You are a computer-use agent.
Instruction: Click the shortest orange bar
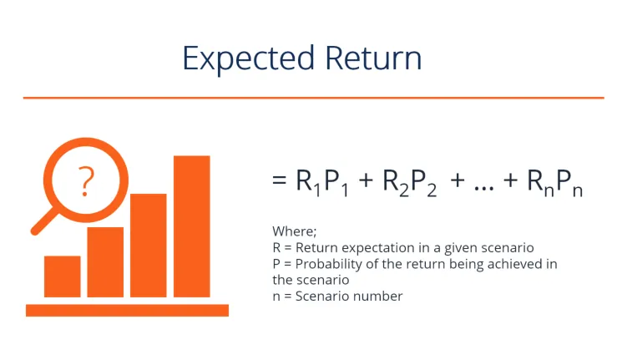[x=62, y=276]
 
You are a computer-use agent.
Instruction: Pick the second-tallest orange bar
[x=149, y=245]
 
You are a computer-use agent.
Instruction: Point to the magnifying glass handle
[x=42, y=221]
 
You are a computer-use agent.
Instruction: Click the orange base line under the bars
[x=127, y=310]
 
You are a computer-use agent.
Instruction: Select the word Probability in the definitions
[x=323, y=264]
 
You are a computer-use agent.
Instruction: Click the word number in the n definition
[x=382, y=297]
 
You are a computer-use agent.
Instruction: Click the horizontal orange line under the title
[x=313, y=98]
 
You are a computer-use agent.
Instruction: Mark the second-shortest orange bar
[x=105, y=261]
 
